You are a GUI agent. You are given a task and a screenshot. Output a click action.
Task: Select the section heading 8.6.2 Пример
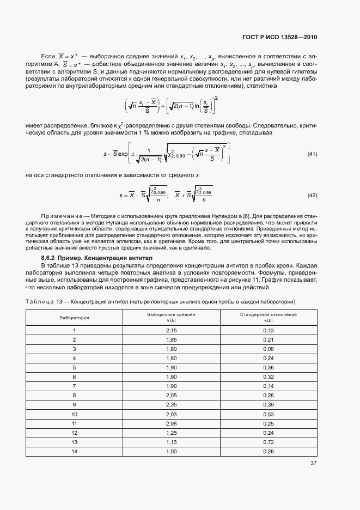(64, 257)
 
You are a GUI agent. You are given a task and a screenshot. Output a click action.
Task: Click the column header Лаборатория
(75, 317)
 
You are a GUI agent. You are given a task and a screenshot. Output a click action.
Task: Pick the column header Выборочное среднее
(171, 314)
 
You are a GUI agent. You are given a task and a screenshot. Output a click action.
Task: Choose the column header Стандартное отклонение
(269, 314)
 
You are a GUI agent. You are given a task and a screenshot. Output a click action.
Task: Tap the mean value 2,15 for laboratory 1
(171, 330)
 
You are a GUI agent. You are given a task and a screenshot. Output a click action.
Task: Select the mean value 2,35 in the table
(171, 404)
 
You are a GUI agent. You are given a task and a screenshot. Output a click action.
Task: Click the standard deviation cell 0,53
(269, 414)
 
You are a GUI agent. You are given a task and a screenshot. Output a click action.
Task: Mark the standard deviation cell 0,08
(269, 349)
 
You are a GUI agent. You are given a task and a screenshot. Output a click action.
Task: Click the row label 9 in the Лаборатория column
(75, 404)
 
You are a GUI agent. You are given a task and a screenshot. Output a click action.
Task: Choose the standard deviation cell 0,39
(269, 404)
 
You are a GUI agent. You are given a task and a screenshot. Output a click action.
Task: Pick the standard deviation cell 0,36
(269, 367)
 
